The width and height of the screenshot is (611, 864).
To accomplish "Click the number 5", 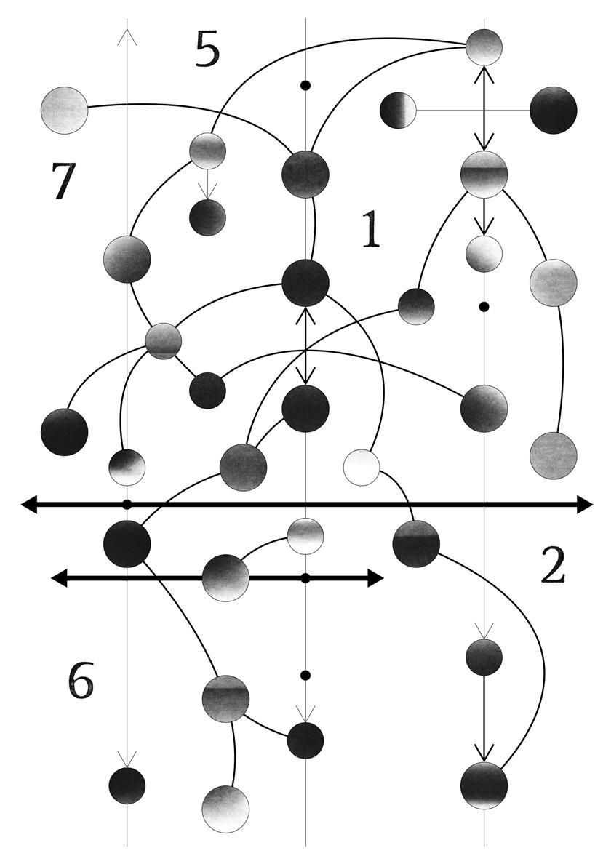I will (x=207, y=51).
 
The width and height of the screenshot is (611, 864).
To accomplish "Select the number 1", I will (x=371, y=231).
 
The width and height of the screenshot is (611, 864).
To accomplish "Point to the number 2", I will (x=553, y=567).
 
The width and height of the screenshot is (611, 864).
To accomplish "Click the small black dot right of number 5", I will (x=305, y=86).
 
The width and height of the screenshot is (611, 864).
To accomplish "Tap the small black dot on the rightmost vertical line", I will (x=484, y=307).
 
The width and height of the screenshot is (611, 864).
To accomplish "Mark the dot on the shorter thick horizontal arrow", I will (x=305, y=578).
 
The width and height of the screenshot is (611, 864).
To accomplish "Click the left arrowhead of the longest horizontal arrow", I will (x=29, y=504).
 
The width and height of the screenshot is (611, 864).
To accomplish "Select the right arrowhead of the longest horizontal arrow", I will (x=586, y=504).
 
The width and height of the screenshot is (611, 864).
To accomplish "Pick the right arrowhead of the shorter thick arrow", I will (x=375, y=578).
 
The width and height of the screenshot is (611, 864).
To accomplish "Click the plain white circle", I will (x=362, y=468).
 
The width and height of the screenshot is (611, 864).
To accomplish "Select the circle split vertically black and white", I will (x=398, y=111).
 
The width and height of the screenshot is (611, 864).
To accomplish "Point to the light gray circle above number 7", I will (x=65, y=111).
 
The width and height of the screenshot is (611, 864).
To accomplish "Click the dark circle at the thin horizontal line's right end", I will (x=554, y=111).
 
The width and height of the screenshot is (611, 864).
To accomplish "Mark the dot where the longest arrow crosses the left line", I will (x=127, y=504).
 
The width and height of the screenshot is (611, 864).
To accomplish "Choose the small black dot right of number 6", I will (x=305, y=676).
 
